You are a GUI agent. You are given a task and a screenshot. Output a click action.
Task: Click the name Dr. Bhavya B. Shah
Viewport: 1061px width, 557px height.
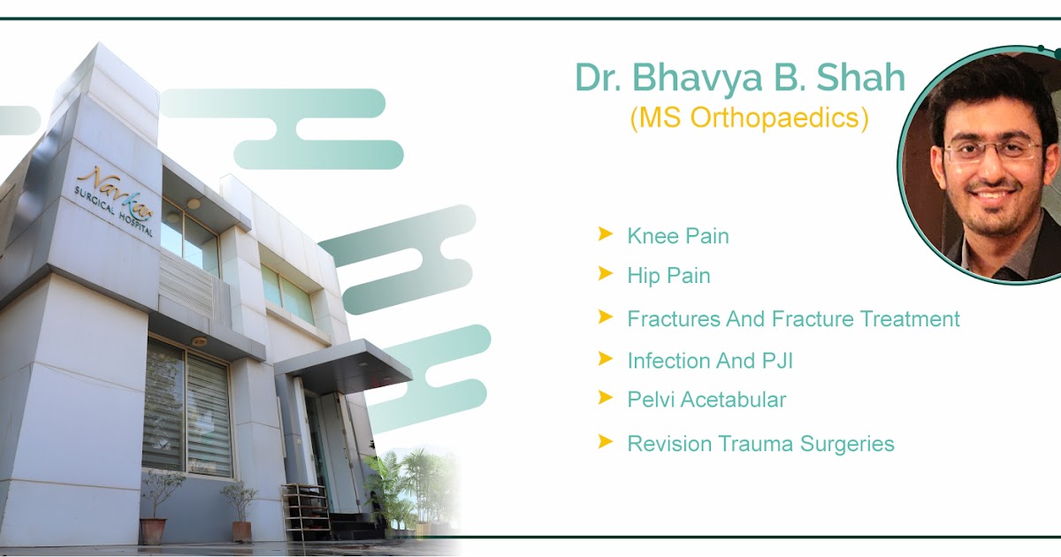click(x=740, y=78)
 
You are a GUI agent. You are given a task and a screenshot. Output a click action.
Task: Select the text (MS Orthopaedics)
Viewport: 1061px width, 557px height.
click(x=749, y=118)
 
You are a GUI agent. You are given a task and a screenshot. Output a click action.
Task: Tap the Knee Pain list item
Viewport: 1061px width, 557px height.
click(x=677, y=236)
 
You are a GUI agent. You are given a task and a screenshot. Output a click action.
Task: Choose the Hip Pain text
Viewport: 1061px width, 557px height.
click(x=668, y=276)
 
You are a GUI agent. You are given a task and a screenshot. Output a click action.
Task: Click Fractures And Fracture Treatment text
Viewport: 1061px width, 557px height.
click(x=793, y=318)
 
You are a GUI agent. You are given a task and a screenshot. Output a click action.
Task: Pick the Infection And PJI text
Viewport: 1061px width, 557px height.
click(x=703, y=361)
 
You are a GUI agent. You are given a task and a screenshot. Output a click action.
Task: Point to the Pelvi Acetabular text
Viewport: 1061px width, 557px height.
click(x=706, y=400)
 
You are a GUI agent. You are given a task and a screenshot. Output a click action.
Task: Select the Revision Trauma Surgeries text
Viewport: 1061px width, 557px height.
click(x=760, y=443)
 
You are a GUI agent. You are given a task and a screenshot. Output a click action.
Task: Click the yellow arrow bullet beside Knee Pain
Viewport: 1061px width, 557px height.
click(x=606, y=234)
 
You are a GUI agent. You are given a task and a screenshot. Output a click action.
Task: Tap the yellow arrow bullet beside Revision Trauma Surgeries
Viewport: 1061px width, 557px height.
click(x=606, y=441)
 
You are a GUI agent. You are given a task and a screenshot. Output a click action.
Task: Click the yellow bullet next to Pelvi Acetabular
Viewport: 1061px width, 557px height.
click(x=606, y=398)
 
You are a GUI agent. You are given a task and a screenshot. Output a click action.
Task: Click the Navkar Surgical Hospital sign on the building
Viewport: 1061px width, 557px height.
click(x=115, y=200)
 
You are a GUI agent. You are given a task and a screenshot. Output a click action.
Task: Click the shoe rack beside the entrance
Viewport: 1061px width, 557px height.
click(x=305, y=513)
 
